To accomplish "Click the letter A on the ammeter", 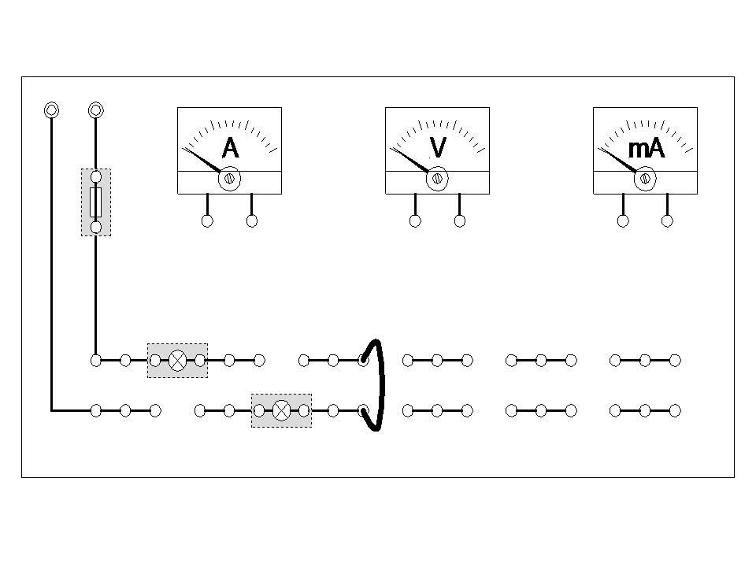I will pos(230,148).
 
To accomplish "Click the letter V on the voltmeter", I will pos(438,148).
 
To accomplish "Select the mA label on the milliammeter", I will pos(646,148).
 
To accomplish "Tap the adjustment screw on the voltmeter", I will pos(437,179).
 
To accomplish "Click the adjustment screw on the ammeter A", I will pos(229,179).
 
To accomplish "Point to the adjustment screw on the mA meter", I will pos(645,179).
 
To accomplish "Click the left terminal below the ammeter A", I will pos(207,221).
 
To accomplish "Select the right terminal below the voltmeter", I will pos(460,221).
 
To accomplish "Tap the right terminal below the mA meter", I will pos(668,221).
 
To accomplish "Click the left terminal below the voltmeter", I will pos(415,221).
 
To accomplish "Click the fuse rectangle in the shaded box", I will pos(96,202).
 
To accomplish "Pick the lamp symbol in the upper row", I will pos(178,360).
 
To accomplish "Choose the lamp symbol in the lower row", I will pos(281,410).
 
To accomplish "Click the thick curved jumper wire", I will pos(382,386).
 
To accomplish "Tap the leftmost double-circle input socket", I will pos(51,109).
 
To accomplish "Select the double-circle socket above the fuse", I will pos(96,109).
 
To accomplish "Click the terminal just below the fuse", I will pos(96,227).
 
